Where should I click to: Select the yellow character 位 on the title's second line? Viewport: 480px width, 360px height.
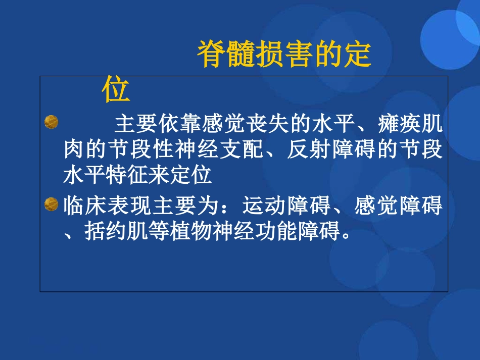[x=116, y=90]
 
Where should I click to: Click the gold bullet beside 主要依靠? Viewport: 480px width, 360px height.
[x=51, y=122]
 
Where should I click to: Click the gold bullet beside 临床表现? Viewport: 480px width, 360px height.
[x=51, y=205]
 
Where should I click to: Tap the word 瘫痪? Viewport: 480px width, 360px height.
[x=400, y=123]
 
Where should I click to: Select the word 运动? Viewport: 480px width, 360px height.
[x=265, y=206]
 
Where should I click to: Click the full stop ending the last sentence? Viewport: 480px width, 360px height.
[x=346, y=236]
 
